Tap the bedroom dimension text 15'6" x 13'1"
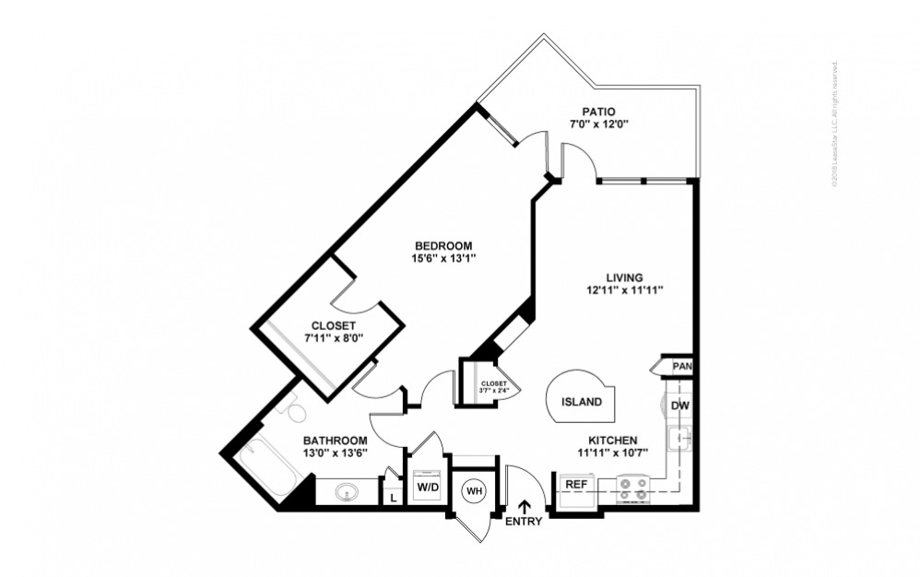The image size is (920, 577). pyautogui.click(x=443, y=258)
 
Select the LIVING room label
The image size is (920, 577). pyautogui.click(x=624, y=277)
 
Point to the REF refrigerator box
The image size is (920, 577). pyautogui.click(x=576, y=484)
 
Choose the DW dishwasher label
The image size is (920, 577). pyautogui.click(x=679, y=406)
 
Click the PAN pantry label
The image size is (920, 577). pyautogui.click(x=681, y=367)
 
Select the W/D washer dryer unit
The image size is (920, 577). pyautogui.click(x=428, y=485)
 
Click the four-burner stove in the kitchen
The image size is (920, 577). pyautogui.click(x=632, y=487)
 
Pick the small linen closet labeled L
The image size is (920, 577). pyautogui.click(x=394, y=496)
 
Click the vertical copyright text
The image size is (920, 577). pyautogui.click(x=834, y=125)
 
